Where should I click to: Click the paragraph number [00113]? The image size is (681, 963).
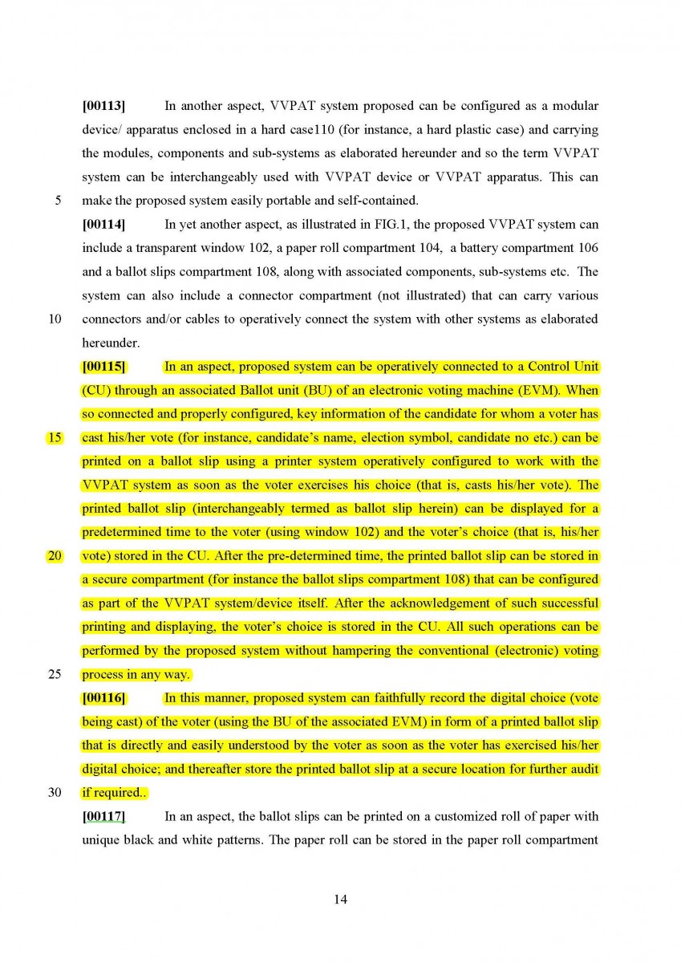tap(103, 106)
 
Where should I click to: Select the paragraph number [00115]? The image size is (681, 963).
tap(103, 368)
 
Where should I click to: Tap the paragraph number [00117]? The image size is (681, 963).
tap(103, 817)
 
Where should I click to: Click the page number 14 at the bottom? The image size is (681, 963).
tap(340, 900)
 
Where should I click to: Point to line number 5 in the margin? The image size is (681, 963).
tap(58, 200)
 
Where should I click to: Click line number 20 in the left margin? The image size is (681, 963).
tap(55, 556)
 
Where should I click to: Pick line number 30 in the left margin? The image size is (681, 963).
tap(55, 792)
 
